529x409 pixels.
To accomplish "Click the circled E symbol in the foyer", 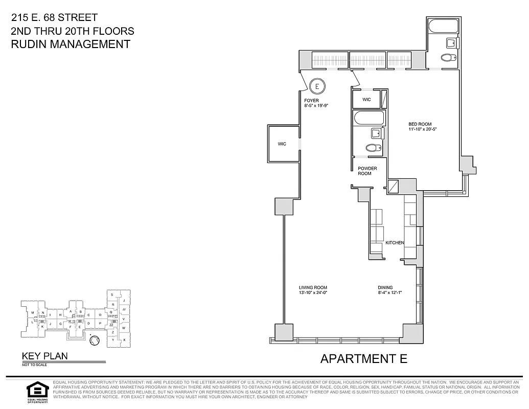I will (x=317, y=85).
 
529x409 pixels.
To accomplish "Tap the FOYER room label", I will (x=311, y=100).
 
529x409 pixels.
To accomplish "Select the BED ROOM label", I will (x=420, y=124).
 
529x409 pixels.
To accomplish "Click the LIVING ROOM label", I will (x=313, y=287).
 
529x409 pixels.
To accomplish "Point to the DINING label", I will (x=385, y=287).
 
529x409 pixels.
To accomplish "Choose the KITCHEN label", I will (x=395, y=242).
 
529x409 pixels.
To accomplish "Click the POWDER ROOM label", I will (x=367, y=171).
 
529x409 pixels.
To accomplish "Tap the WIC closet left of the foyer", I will (x=282, y=144).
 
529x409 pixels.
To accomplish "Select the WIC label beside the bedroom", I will (x=366, y=99).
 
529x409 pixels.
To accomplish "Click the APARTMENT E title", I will (x=363, y=358).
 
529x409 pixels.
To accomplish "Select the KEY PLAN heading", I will (x=44, y=356).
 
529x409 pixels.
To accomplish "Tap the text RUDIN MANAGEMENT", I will (x=71, y=44).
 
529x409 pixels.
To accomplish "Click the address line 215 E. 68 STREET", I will (x=54, y=18).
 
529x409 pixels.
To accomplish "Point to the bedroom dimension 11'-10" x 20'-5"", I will (x=422, y=129).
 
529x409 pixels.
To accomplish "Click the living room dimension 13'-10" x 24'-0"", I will (x=313, y=293).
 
